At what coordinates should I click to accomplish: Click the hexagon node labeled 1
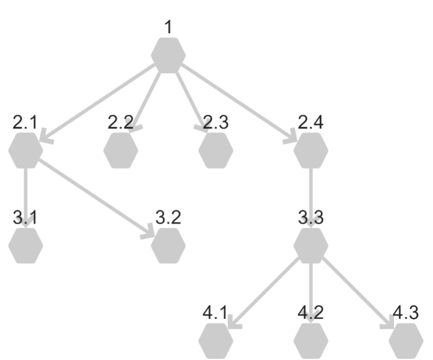pyautogui.click(x=168, y=56)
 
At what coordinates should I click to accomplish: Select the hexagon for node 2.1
pyautogui.click(x=26, y=150)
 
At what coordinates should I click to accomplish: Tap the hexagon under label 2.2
pyautogui.click(x=120, y=150)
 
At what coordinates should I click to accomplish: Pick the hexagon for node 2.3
pyautogui.click(x=216, y=150)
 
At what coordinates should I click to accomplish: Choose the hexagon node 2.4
pyautogui.click(x=311, y=150)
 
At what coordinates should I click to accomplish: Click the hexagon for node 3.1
pyautogui.click(x=26, y=246)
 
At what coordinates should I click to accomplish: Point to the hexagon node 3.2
pyautogui.click(x=168, y=246)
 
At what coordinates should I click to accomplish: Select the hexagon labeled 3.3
pyautogui.click(x=311, y=246)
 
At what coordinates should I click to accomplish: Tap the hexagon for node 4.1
pyautogui.click(x=216, y=341)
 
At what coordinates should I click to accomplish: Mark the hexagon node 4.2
pyautogui.click(x=311, y=341)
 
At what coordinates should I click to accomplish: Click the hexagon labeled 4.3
pyautogui.click(x=405, y=341)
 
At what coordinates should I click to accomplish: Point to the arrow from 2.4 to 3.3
pyautogui.click(x=311, y=198)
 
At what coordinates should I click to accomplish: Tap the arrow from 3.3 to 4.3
pyautogui.click(x=358, y=293)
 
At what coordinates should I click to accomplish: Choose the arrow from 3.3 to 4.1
pyautogui.click(x=263, y=293)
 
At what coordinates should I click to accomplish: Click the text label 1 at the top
pyautogui.click(x=168, y=28)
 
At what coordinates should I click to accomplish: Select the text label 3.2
pyautogui.click(x=168, y=217)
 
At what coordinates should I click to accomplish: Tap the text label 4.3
pyautogui.click(x=405, y=313)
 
